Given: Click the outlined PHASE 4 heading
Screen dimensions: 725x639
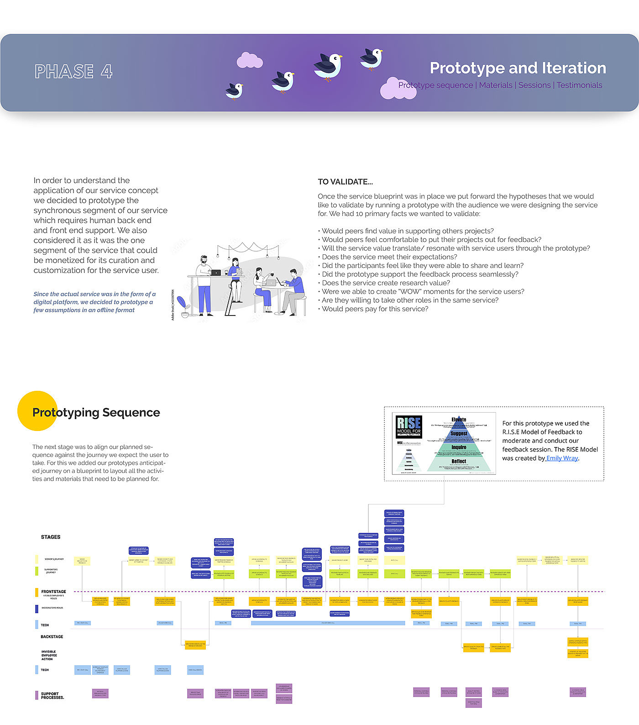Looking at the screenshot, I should (x=73, y=72).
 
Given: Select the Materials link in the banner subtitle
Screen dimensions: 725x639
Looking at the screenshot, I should (x=496, y=85).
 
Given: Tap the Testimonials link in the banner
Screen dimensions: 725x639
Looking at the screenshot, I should (x=579, y=85).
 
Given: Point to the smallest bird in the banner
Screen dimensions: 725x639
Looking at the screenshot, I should (x=234, y=90).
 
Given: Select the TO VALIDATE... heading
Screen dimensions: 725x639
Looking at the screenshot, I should (x=345, y=182).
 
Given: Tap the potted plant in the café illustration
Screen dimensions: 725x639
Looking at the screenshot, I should (x=183, y=306).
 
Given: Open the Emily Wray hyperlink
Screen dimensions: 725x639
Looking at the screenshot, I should (x=562, y=458).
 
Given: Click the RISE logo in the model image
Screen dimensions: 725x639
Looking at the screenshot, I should (x=409, y=426).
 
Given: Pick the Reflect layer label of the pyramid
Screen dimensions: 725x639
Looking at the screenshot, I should (x=459, y=462).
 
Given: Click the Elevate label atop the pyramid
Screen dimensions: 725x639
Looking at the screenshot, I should (x=459, y=420).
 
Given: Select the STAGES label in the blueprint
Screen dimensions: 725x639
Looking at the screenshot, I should (x=51, y=537).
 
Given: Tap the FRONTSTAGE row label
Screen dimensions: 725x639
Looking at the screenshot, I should (x=53, y=592).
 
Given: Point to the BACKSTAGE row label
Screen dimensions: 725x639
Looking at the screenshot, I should (x=52, y=637).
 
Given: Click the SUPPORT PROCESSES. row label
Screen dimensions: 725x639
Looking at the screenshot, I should (x=52, y=696).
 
